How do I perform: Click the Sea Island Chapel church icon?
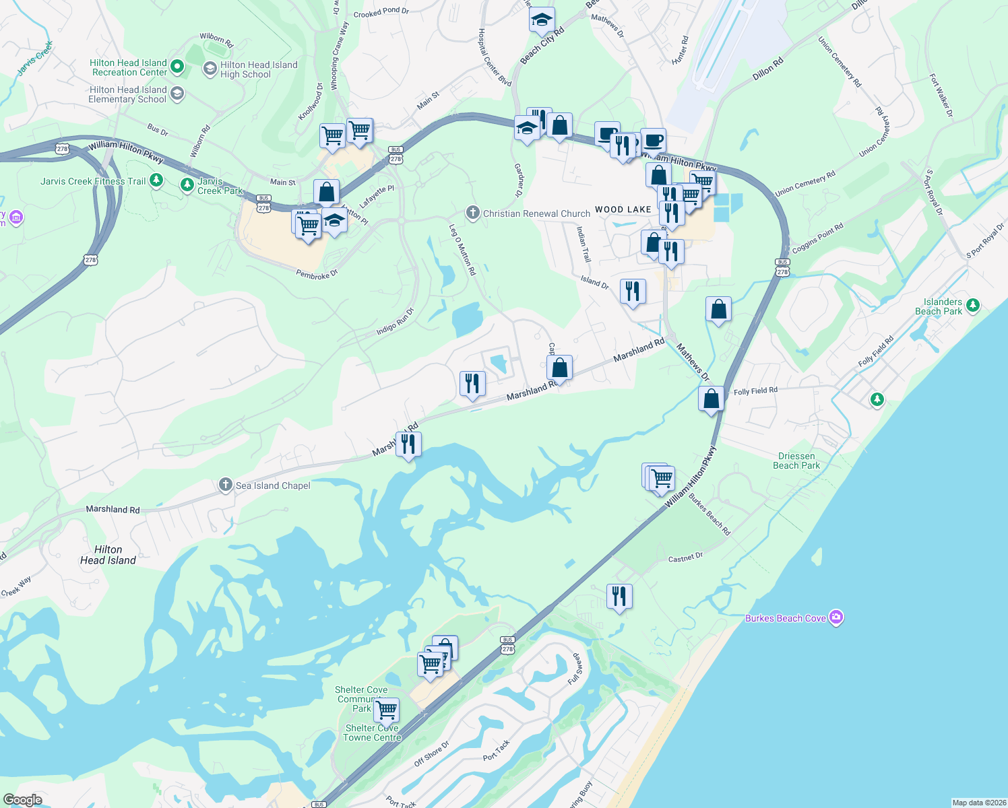pos(226,485)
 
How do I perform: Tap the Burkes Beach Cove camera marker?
pos(836,617)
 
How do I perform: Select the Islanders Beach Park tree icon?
pos(972,306)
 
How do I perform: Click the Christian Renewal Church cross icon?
pos(473,213)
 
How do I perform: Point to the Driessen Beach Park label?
pos(796,461)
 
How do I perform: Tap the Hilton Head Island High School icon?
pos(210,69)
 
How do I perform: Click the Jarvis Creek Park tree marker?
pos(187,184)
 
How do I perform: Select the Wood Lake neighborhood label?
pos(623,209)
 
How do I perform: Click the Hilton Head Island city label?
pos(108,555)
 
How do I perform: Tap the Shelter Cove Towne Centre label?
pos(372,733)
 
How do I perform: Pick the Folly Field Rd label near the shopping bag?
pos(755,391)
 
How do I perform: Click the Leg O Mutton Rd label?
pos(463,250)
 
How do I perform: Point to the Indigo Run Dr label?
pos(395,322)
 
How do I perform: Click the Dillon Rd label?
pos(767,69)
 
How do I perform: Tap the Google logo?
pos(23,800)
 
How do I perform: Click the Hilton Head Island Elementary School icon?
pos(177,93)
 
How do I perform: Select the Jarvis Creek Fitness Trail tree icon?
pos(156,180)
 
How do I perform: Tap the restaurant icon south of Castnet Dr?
pos(619,597)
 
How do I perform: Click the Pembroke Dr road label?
pos(317,274)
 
